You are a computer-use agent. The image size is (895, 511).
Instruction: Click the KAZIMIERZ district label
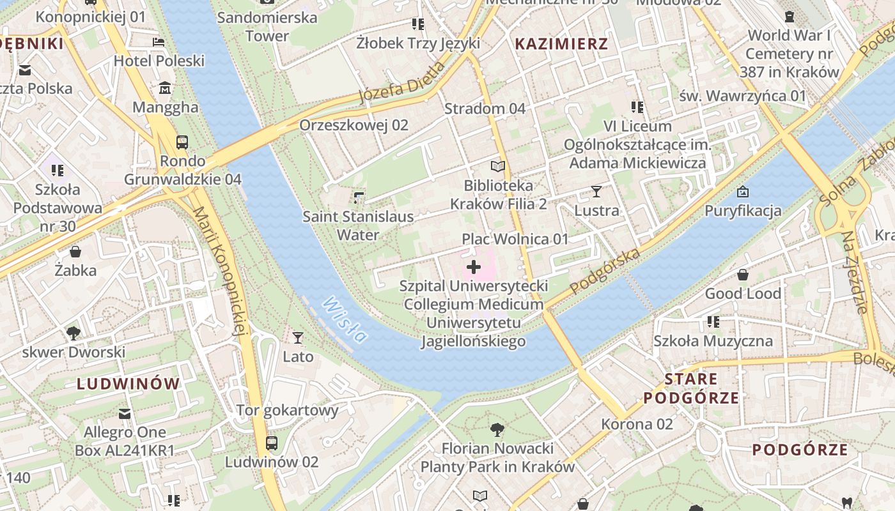pos(561,44)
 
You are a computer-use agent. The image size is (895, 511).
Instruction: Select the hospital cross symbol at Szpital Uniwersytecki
pos(474,267)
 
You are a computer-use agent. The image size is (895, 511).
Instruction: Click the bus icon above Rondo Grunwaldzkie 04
pos(182,142)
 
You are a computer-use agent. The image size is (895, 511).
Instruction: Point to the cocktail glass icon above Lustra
pos(596,191)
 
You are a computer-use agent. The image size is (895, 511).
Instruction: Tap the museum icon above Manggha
pos(165,88)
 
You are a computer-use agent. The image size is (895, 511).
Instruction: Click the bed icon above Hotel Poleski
pos(159,42)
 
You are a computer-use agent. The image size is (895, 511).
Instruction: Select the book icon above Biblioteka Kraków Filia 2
pos(498,166)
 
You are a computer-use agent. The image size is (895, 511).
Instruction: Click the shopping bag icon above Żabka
pos(75,252)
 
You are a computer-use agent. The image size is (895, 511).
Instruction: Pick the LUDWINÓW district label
pos(128,384)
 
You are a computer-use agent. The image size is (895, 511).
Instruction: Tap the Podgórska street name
pos(605,271)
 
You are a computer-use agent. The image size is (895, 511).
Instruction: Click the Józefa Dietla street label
pos(401,82)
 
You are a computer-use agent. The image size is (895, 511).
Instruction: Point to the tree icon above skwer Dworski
pos(74,333)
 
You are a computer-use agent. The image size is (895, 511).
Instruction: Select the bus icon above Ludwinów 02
pos(271,443)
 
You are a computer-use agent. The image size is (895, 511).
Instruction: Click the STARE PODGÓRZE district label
pos(691,388)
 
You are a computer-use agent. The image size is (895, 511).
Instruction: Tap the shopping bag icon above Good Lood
pos(743,275)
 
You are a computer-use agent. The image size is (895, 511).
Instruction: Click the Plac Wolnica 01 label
pos(515,239)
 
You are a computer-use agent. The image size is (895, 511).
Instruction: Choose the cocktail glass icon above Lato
pos(298,337)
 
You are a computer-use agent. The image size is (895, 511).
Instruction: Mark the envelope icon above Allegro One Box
pos(125,414)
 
